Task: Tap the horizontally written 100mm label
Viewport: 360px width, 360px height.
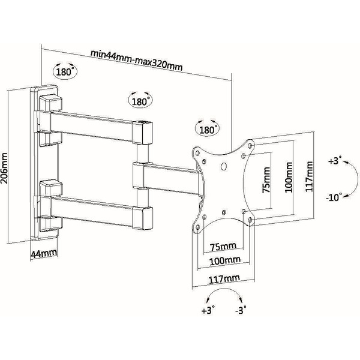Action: [225, 260]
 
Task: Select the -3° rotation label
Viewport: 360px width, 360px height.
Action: [242, 311]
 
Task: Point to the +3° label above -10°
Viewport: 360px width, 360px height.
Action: [335, 162]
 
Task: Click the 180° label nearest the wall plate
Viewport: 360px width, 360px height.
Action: [65, 72]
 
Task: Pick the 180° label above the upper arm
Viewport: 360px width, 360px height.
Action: [140, 101]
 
